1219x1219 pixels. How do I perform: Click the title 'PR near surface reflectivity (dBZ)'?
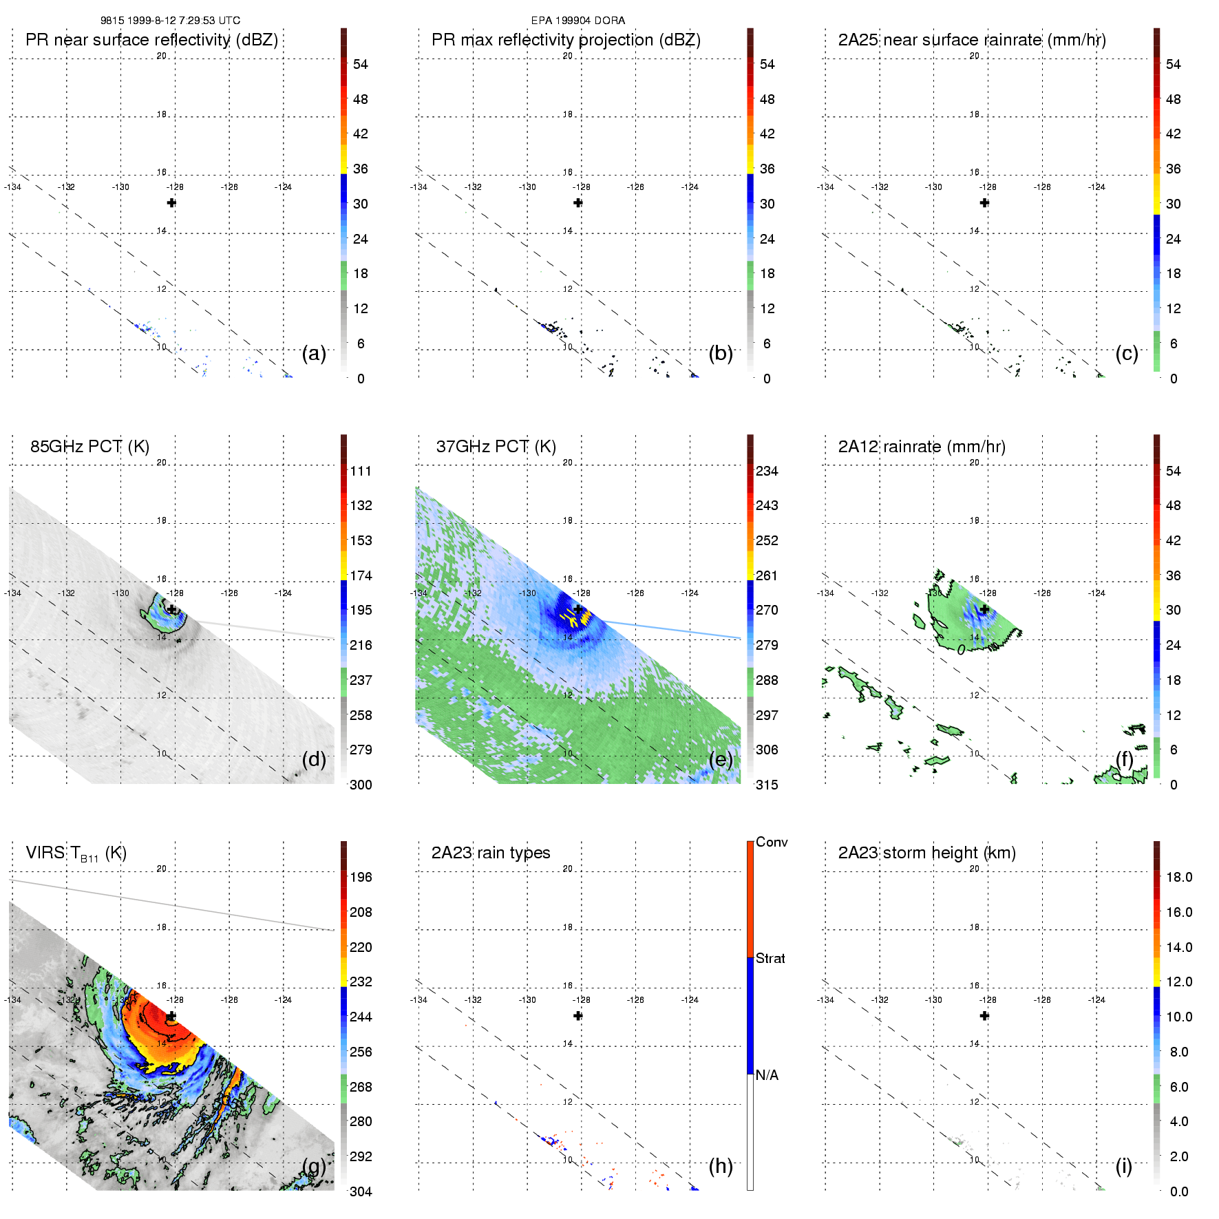(x=151, y=40)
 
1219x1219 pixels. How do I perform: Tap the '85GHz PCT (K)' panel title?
(x=89, y=447)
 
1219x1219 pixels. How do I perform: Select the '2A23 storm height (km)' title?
(x=926, y=853)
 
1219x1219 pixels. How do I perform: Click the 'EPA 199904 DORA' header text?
(x=577, y=21)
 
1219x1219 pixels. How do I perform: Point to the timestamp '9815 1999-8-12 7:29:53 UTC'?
(x=170, y=21)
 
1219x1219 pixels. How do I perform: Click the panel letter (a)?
(x=314, y=353)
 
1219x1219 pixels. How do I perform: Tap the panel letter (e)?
(x=721, y=759)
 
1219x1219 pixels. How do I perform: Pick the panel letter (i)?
(x=1123, y=1166)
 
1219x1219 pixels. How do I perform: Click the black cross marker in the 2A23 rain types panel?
(x=578, y=1016)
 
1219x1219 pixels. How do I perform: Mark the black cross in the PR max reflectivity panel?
(x=578, y=203)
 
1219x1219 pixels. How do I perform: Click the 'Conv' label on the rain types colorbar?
(x=772, y=842)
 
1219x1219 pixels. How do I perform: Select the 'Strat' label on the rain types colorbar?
(x=770, y=958)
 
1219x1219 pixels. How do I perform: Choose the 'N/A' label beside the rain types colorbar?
(x=767, y=1075)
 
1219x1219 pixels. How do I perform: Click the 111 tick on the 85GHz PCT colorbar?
(x=361, y=471)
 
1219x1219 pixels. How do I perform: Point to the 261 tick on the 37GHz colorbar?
(x=767, y=576)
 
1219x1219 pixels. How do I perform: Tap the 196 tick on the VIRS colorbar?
(x=361, y=878)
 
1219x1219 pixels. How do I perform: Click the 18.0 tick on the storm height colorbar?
(x=1178, y=878)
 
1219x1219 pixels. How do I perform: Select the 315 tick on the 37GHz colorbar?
(x=767, y=785)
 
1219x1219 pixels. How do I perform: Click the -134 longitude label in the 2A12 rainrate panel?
(x=825, y=593)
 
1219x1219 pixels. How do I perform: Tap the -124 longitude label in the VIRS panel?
(x=283, y=999)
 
